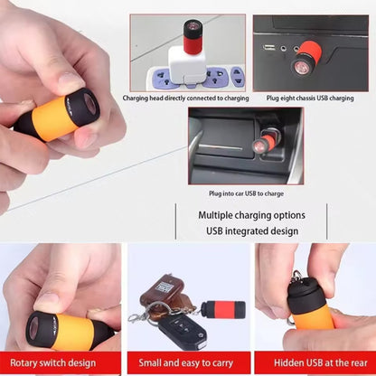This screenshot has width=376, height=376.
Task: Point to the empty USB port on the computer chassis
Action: tap(268, 47)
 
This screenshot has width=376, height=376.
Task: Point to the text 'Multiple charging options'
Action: tap(252, 215)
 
